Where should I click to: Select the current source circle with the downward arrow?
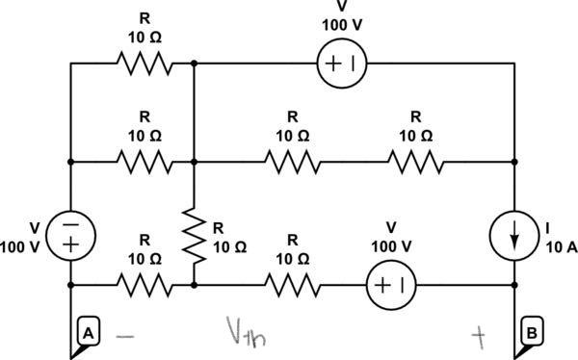(515, 235)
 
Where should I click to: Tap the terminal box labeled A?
(87, 333)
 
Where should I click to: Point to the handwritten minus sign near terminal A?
(125, 336)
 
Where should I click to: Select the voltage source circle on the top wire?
(341, 64)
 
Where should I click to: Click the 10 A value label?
(560, 246)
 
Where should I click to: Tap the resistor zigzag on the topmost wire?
(144, 64)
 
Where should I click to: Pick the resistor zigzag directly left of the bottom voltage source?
(292, 285)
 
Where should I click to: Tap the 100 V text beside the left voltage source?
(20, 246)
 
